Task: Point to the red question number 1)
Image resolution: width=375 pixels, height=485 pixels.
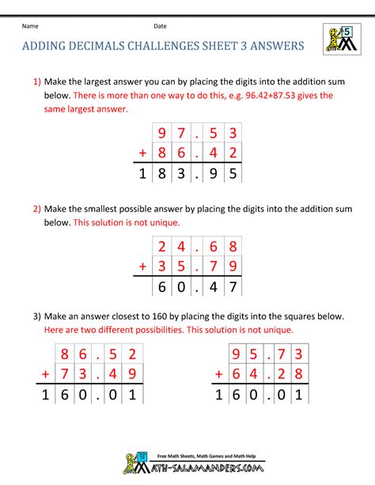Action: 36,81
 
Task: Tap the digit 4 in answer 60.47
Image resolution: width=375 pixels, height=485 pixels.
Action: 210,286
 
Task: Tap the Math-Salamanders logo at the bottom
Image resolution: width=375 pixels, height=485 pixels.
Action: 187,464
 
